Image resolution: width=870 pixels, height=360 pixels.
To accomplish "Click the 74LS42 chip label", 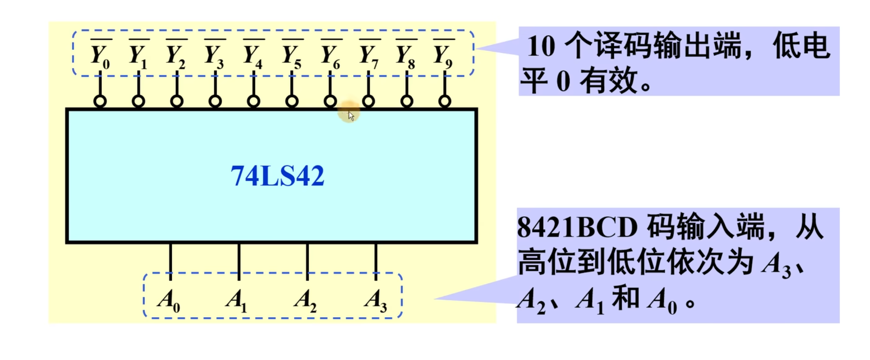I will tap(277, 176).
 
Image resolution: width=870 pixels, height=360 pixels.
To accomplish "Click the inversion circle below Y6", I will tap(330, 101).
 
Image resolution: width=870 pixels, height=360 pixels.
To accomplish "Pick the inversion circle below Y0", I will tap(100, 101).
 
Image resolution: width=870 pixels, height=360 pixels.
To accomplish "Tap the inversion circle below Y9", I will tap(445, 101).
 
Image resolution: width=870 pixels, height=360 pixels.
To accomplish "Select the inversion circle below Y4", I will tap(253, 101).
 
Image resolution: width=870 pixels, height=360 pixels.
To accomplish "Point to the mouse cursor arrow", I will tap(351, 116).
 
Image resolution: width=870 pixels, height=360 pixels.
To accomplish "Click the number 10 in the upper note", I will tap(541, 46).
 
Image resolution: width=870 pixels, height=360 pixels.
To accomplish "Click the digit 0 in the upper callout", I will tap(563, 81).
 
